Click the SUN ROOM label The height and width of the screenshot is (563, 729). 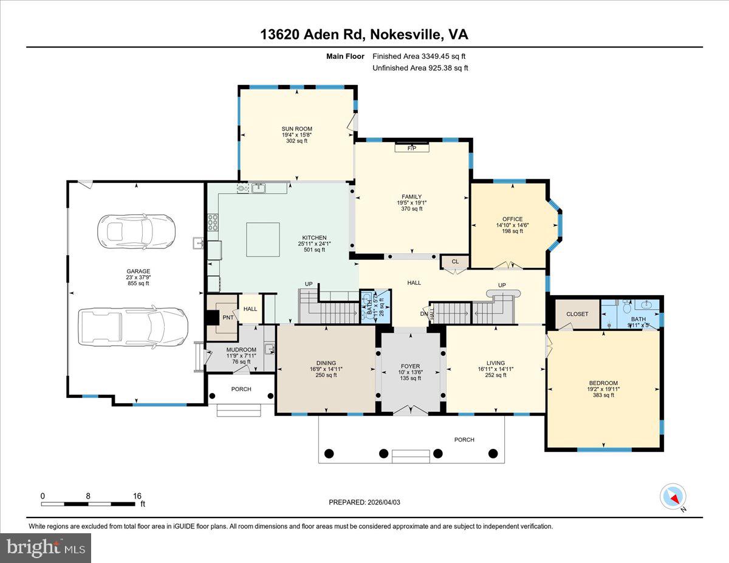(296, 128)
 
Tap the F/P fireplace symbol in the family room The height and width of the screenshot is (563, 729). (411, 148)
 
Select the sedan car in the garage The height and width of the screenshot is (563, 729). (136, 230)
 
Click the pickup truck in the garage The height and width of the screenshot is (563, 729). (133, 325)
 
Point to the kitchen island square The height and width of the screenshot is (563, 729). (262, 239)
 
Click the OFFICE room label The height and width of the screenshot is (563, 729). (512, 219)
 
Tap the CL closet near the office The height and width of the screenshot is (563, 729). (454, 262)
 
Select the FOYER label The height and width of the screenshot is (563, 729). (410, 366)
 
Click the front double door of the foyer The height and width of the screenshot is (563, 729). (410, 410)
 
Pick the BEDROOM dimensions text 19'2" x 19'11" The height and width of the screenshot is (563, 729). (603, 389)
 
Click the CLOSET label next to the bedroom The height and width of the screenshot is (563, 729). (577, 314)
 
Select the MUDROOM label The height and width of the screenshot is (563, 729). (241, 350)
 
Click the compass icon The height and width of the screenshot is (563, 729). (673, 497)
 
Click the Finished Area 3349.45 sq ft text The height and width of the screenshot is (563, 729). (420, 56)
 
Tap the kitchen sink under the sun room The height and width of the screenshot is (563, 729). (258, 188)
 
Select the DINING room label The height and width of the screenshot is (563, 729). (326, 363)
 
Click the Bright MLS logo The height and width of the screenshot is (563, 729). (46, 548)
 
